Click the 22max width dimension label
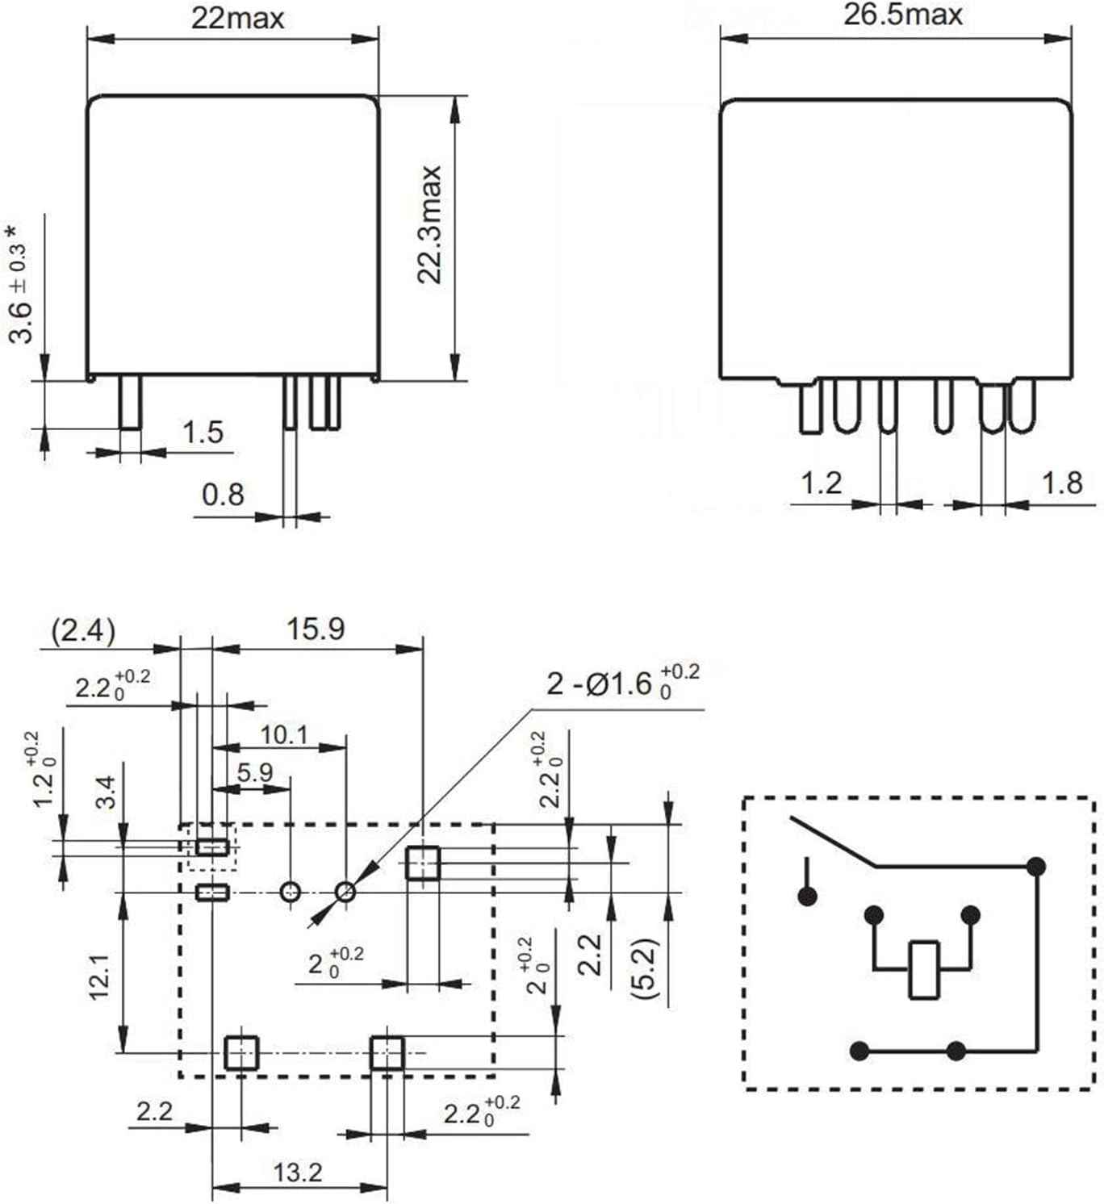(x=237, y=18)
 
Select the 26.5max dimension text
(x=902, y=15)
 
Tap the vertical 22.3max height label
(x=430, y=224)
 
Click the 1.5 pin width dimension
(x=202, y=433)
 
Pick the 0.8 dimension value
(x=222, y=494)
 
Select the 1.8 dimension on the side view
(x=1061, y=483)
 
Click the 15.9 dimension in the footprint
(x=316, y=629)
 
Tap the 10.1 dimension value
(x=283, y=734)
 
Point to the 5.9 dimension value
(x=254, y=773)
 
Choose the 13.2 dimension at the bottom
(x=297, y=1172)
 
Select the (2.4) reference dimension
(x=83, y=630)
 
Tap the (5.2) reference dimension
(x=646, y=968)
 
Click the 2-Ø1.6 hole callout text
(x=621, y=684)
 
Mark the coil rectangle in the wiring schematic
(x=923, y=969)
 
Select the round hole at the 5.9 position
(x=290, y=892)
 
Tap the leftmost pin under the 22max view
(x=130, y=402)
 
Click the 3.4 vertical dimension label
(x=107, y=792)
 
